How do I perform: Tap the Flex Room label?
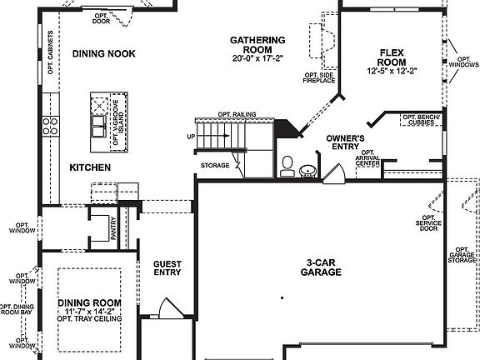(x=391, y=56)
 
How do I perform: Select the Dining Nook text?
(x=104, y=54)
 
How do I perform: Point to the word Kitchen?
(x=91, y=167)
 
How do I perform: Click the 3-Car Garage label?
(x=320, y=267)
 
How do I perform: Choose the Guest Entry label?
(x=167, y=267)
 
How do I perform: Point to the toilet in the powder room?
(x=287, y=166)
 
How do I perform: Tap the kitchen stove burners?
(x=51, y=125)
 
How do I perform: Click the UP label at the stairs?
(x=190, y=137)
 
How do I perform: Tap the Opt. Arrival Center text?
(x=367, y=157)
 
